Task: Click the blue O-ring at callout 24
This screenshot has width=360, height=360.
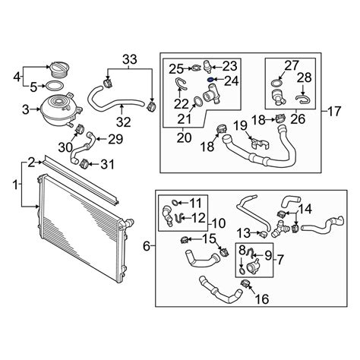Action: coord(210,80)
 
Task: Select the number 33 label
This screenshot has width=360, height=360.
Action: coord(130,60)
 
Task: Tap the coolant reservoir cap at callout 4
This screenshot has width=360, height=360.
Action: coord(60,69)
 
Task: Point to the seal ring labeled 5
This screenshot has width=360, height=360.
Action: coord(54,86)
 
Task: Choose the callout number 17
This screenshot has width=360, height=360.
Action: coord(334,111)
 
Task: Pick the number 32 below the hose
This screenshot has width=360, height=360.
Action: coord(124,122)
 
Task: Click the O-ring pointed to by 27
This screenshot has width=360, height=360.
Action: coord(276,82)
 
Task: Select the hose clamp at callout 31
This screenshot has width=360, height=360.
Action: coord(84,163)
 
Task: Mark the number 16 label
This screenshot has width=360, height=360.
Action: coord(261,299)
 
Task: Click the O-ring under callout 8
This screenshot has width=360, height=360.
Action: coord(242,271)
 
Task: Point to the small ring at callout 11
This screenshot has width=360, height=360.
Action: coord(175,202)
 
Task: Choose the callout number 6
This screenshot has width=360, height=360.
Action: coord(147,246)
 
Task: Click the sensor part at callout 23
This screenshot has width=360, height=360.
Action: coord(207,65)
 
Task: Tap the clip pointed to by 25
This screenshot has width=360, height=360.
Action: coord(196,68)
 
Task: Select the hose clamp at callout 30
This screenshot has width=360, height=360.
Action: coord(81,129)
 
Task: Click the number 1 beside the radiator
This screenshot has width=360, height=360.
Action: coord(16,185)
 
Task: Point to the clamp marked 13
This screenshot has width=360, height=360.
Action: coord(264,235)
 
